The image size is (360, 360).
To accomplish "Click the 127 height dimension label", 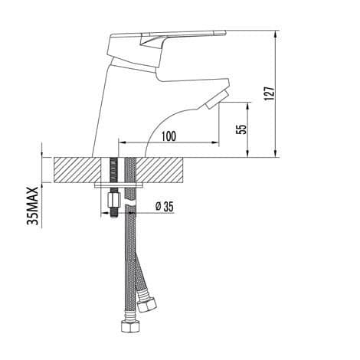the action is (x=270, y=93).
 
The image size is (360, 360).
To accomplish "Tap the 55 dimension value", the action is (x=242, y=129).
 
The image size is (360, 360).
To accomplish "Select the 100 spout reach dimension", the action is (x=169, y=136).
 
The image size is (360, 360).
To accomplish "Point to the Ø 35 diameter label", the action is (x=165, y=206).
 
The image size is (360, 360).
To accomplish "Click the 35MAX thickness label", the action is (x=33, y=206).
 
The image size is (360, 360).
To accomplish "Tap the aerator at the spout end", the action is (x=217, y=100).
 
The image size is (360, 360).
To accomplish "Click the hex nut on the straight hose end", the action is (x=130, y=324).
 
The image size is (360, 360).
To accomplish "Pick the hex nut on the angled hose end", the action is (x=146, y=305).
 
